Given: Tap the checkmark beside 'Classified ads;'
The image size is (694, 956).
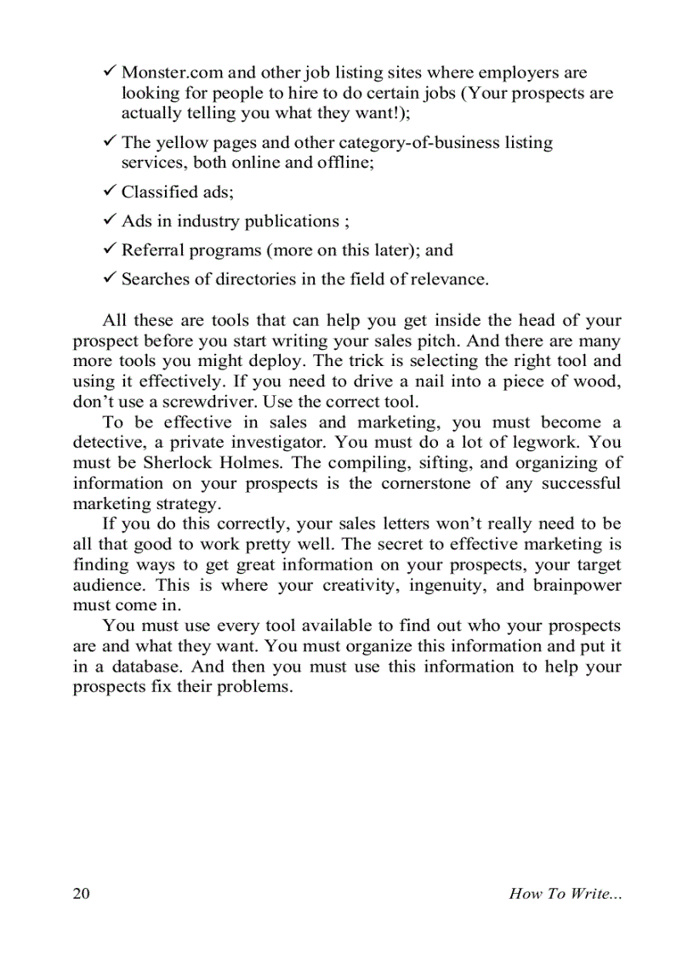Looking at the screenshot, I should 110,191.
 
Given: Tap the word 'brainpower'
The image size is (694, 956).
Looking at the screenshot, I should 577,586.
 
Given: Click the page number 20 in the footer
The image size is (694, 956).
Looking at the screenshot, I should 82,893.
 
